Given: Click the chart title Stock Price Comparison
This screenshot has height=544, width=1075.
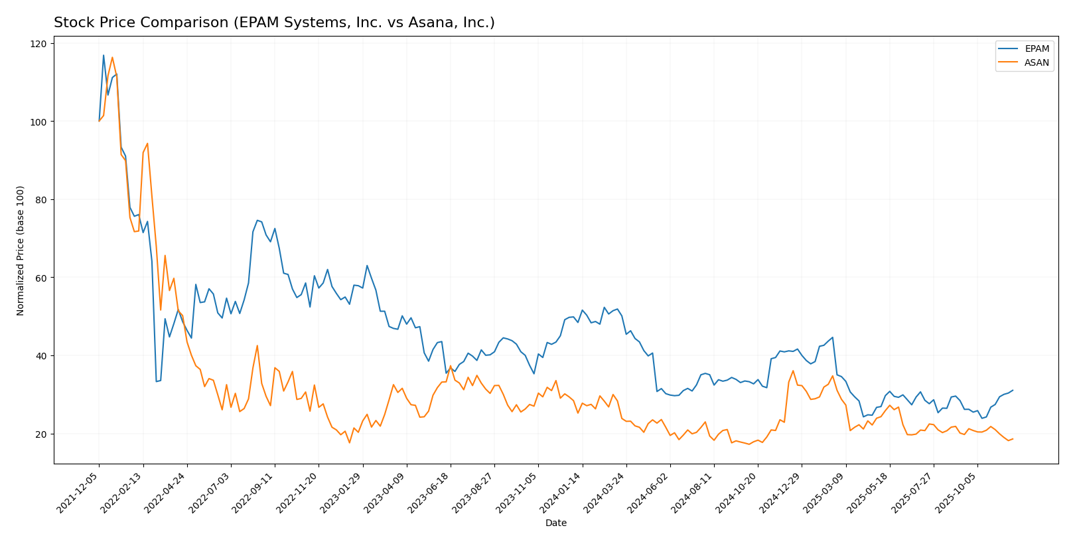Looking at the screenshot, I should (274, 23).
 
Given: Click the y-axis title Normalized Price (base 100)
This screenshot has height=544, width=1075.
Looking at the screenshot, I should (21, 250).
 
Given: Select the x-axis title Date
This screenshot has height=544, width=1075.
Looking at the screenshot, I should (555, 523).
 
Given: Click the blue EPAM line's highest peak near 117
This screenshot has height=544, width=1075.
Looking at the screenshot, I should (104, 55).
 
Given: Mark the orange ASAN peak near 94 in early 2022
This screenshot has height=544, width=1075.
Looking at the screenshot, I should (147, 143).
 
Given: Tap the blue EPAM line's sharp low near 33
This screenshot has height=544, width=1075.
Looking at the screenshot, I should (157, 381).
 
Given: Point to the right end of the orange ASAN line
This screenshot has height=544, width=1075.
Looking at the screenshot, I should (1013, 439).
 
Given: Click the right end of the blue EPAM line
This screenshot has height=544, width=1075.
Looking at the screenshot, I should (1013, 391).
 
